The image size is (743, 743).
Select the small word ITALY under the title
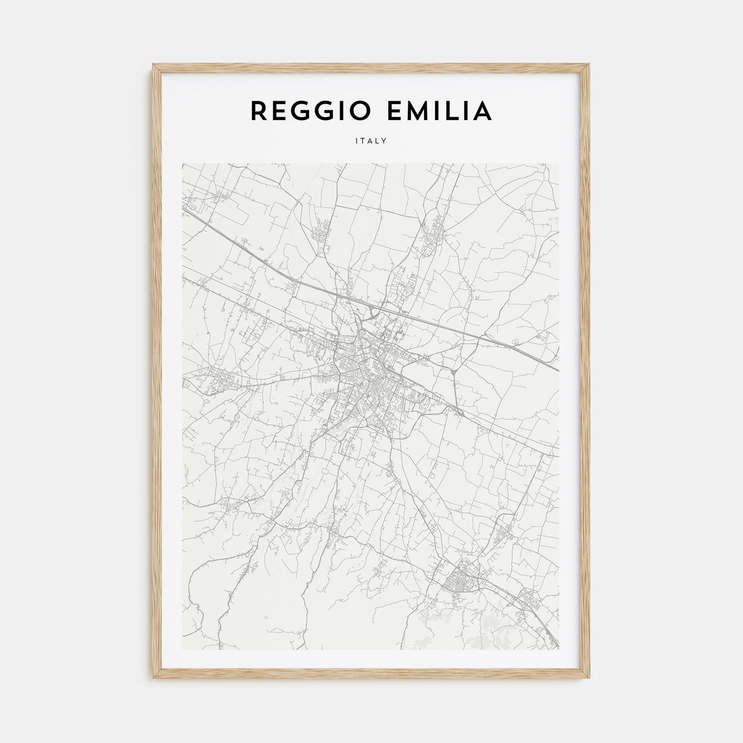(x=371, y=141)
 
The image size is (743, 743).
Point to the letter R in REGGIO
(x=258, y=111)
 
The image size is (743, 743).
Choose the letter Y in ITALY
(x=384, y=141)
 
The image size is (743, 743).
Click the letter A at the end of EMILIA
(x=483, y=111)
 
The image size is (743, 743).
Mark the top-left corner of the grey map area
(x=183, y=163)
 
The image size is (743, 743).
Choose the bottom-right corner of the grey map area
(x=559, y=650)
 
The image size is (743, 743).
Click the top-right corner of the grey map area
(x=559, y=163)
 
